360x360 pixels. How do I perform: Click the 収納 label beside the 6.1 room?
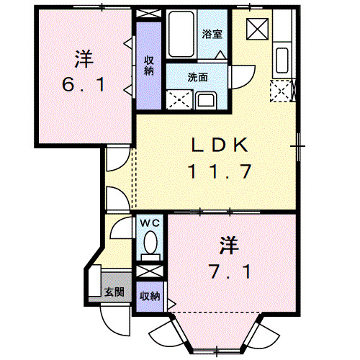pyautogui.click(x=149, y=65)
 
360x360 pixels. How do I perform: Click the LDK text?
pyautogui.click(x=219, y=145)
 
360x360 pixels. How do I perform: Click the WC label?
pyautogui.click(x=150, y=223)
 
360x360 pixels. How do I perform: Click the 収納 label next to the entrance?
pyautogui.click(x=149, y=296)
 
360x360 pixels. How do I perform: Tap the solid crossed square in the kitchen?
pyautogui.click(x=256, y=28)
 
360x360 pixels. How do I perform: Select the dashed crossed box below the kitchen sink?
pyautogui.click(x=279, y=90)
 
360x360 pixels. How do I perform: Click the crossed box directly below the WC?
pyautogui.click(x=150, y=271)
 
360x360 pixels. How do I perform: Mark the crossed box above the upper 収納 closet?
pyautogui.click(x=149, y=14)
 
